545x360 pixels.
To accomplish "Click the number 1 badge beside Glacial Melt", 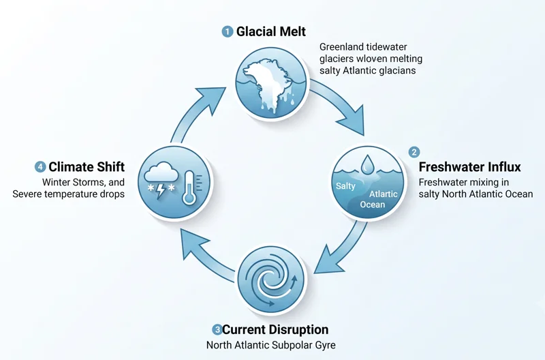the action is [x=228, y=32].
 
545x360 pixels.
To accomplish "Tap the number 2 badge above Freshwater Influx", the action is [x=414, y=152].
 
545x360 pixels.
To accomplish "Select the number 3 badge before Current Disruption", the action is [x=217, y=329].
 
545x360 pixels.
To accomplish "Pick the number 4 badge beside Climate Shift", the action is [x=40, y=167].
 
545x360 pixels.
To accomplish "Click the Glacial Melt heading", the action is [x=271, y=31].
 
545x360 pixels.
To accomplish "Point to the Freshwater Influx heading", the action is [x=469, y=167].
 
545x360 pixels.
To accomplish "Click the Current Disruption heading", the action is [x=275, y=329].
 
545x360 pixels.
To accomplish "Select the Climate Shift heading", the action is [x=87, y=167].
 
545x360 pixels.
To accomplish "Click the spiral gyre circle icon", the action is [x=271, y=280].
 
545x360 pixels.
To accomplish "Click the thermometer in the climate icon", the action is [x=189, y=187].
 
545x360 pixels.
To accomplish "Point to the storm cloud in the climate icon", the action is [x=160, y=174].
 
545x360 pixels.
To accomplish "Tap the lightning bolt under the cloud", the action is [x=161, y=192].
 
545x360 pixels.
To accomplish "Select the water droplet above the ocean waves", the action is [x=367, y=164].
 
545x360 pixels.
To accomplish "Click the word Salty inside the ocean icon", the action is [x=345, y=186].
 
